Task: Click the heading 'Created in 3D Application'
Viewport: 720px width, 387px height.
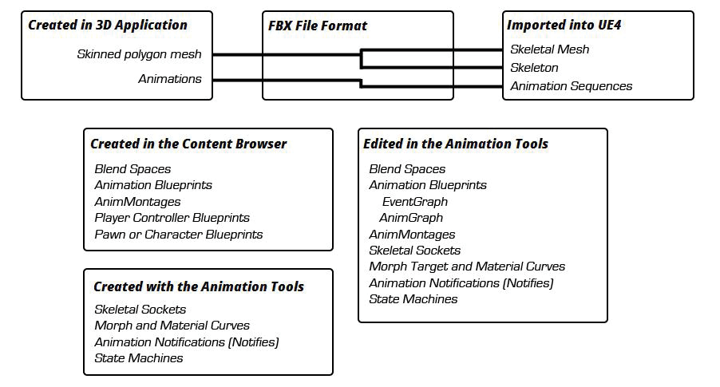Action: [x=108, y=25]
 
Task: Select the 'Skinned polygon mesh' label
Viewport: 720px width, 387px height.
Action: [x=139, y=54]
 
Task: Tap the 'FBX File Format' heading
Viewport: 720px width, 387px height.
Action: [x=318, y=26]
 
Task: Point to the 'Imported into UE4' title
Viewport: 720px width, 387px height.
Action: [x=564, y=25]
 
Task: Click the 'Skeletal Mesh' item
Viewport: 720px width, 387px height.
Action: [x=550, y=49]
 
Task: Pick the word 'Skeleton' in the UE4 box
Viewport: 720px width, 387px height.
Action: [x=535, y=68]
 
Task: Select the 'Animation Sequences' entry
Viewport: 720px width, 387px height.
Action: [x=572, y=86]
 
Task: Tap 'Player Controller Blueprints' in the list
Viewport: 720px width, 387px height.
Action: [x=172, y=218]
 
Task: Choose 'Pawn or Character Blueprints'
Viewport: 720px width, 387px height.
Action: [x=179, y=234]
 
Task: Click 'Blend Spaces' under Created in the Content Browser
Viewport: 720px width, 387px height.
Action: [x=133, y=169]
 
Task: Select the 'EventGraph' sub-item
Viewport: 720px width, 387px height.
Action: [x=414, y=202]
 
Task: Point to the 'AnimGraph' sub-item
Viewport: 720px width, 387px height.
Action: [x=411, y=218]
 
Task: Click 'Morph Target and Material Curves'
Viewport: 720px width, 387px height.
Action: [x=467, y=267]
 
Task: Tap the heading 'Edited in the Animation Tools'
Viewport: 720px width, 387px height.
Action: [x=456, y=144]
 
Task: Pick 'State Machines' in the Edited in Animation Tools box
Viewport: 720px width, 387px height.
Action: [x=413, y=299]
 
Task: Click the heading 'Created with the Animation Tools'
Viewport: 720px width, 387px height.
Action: [x=199, y=286]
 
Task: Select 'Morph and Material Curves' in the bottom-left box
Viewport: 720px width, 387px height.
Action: [x=172, y=325]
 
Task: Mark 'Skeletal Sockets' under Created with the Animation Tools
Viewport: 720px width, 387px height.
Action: [x=140, y=309]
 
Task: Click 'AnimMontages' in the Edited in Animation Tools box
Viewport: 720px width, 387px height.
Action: [x=412, y=234]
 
